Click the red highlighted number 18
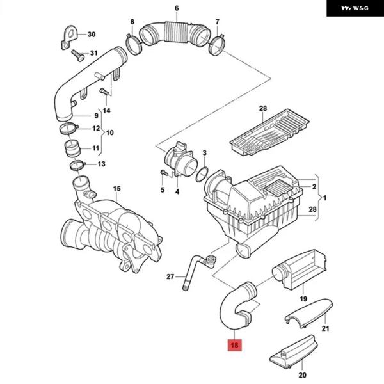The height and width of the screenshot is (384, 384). pyautogui.click(x=235, y=345)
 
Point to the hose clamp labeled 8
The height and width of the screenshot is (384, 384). pyautogui.click(x=133, y=45)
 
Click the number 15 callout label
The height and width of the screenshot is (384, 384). pyautogui.click(x=116, y=188)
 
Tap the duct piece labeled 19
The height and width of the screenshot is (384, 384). pyautogui.click(x=300, y=268)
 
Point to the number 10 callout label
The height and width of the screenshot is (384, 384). pyautogui.click(x=109, y=133)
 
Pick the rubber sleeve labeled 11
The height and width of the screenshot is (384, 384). pyautogui.click(x=71, y=151)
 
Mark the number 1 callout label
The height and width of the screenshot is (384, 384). pyautogui.click(x=324, y=198)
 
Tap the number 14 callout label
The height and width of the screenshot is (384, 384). pyautogui.click(x=106, y=110)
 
